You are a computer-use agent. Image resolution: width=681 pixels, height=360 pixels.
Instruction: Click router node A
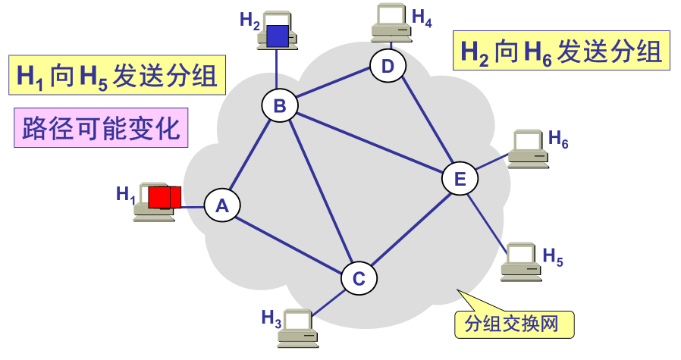pyautogui.click(x=222, y=205)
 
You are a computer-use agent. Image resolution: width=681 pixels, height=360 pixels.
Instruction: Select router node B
pyautogui.click(x=280, y=106)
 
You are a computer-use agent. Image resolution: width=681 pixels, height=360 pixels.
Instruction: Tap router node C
pyautogui.click(x=359, y=278)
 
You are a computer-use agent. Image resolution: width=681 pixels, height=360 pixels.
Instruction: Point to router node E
pyautogui.click(x=460, y=179)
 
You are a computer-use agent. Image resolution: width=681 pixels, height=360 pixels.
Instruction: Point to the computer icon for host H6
pyautogui.click(x=528, y=148)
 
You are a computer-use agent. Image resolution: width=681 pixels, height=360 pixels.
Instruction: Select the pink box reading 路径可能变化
pyautogui.click(x=102, y=128)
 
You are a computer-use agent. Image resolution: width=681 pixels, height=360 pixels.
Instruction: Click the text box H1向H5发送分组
pyautogui.click(x=118, y=74)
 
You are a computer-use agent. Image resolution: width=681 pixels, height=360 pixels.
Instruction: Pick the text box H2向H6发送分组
pyautogui.click(x=561, y=51)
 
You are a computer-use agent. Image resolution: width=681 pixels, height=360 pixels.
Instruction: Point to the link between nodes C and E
pyautogui.click(x=410, y=229)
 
